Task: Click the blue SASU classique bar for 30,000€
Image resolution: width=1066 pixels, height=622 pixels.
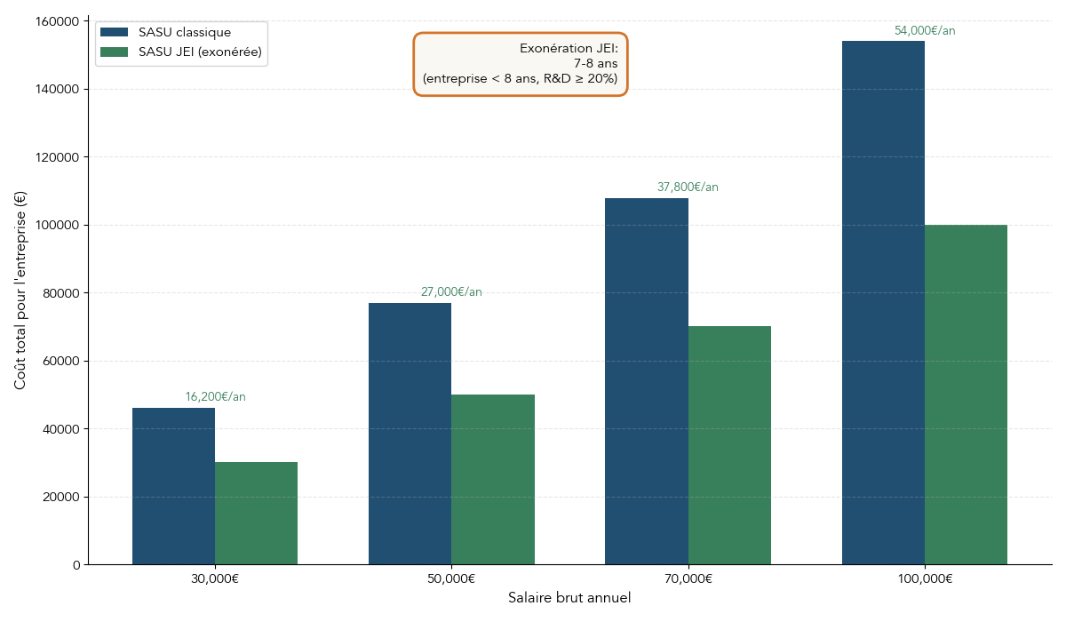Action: click(173, 486)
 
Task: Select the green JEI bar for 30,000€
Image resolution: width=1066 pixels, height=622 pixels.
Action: click(256, 514)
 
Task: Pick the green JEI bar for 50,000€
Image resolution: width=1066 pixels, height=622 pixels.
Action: click(493, 480)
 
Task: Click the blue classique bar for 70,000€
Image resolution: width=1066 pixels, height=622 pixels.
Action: click(646, 381)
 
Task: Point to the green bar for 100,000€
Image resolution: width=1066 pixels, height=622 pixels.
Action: click(966, 395)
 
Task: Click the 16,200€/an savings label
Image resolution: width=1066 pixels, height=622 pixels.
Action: click(215, 397)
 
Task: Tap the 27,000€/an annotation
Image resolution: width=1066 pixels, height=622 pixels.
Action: click(451, 292)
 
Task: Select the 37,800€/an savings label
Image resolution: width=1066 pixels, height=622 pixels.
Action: click(688, 187)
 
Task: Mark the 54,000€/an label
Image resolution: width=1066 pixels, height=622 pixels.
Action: click(925, 31)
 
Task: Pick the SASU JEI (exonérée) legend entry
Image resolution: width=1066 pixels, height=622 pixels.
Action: click(199, 52)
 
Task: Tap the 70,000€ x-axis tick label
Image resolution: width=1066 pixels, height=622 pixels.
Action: click(688, 578)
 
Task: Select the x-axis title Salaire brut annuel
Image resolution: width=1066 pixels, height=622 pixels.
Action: click(569, 598)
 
